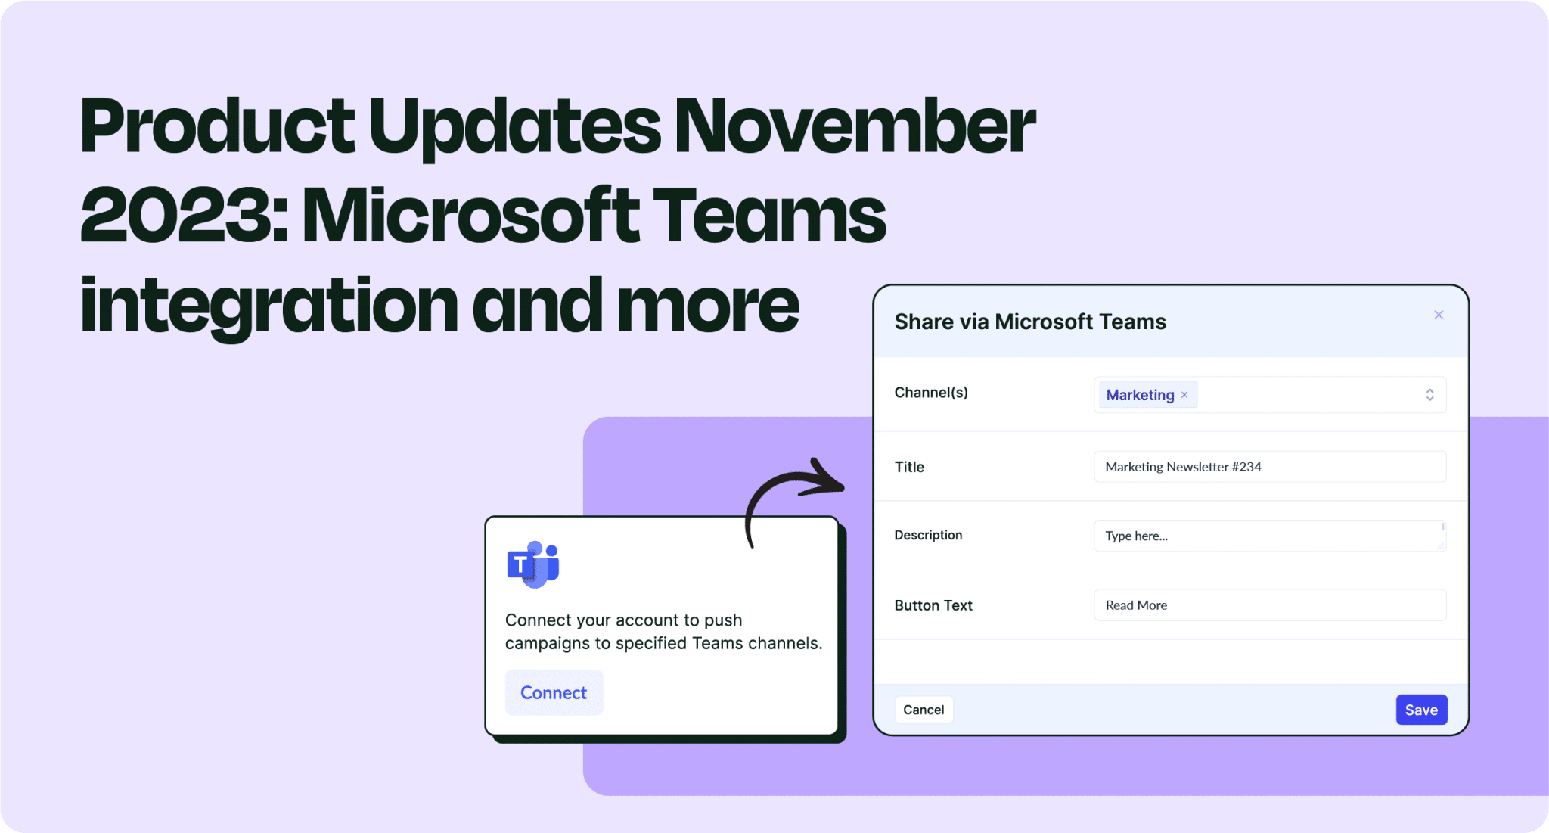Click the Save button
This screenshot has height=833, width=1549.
(x=1421, y=710)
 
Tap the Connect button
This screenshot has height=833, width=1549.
(x=554, y=692)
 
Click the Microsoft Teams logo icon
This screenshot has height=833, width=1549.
(x=533, y=564)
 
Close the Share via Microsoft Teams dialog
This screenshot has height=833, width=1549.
(x=1439, y=315)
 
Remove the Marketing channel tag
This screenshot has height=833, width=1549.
(x=1184, y=395)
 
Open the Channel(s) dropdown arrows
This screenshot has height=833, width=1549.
(x=1429, y=394)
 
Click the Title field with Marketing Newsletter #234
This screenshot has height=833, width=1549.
(x=1270, y=467)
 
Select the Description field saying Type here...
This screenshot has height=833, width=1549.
(x=1270, y=536)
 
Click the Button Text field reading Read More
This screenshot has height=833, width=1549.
(x=1270, y=605)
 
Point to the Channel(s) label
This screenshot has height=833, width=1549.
(x=931, y=393)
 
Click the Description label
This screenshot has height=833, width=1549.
(x=928, y=535)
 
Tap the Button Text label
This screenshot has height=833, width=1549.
(x=933, y=605)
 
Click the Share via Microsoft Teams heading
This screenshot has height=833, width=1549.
(x=1030, y=322)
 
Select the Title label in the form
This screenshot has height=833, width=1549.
(x=909, y=467)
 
